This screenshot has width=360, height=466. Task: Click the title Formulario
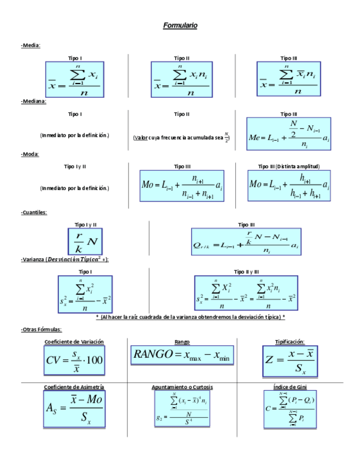click(x=180, y=26)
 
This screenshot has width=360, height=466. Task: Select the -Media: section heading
click(x=31, y=45)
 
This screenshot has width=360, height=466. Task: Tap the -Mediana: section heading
click(x=34, y=101)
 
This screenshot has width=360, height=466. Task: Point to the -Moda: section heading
click(x=30, y=154)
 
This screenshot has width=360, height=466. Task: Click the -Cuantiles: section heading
click(x=34, y=212)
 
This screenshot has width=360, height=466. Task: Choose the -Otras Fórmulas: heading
click(x=41, y=329)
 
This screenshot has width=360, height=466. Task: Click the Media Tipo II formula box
click(x=181, y=80)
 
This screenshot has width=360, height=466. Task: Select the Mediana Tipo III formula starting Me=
click(x=289, y=134)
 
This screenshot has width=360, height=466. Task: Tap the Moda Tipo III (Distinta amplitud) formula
click(x=289, y=186)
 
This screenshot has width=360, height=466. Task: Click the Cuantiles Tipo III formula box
click(x=246, y=242)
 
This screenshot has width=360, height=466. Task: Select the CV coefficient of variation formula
click(x=74, y=361)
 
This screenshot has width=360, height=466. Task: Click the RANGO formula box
click(x=181, y=356)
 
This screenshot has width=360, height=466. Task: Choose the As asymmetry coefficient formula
click(x=74, y=410)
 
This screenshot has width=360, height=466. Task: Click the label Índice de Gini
click(x=289, y=387)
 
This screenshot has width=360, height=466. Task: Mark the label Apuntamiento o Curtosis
click(x=182, y=387)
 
